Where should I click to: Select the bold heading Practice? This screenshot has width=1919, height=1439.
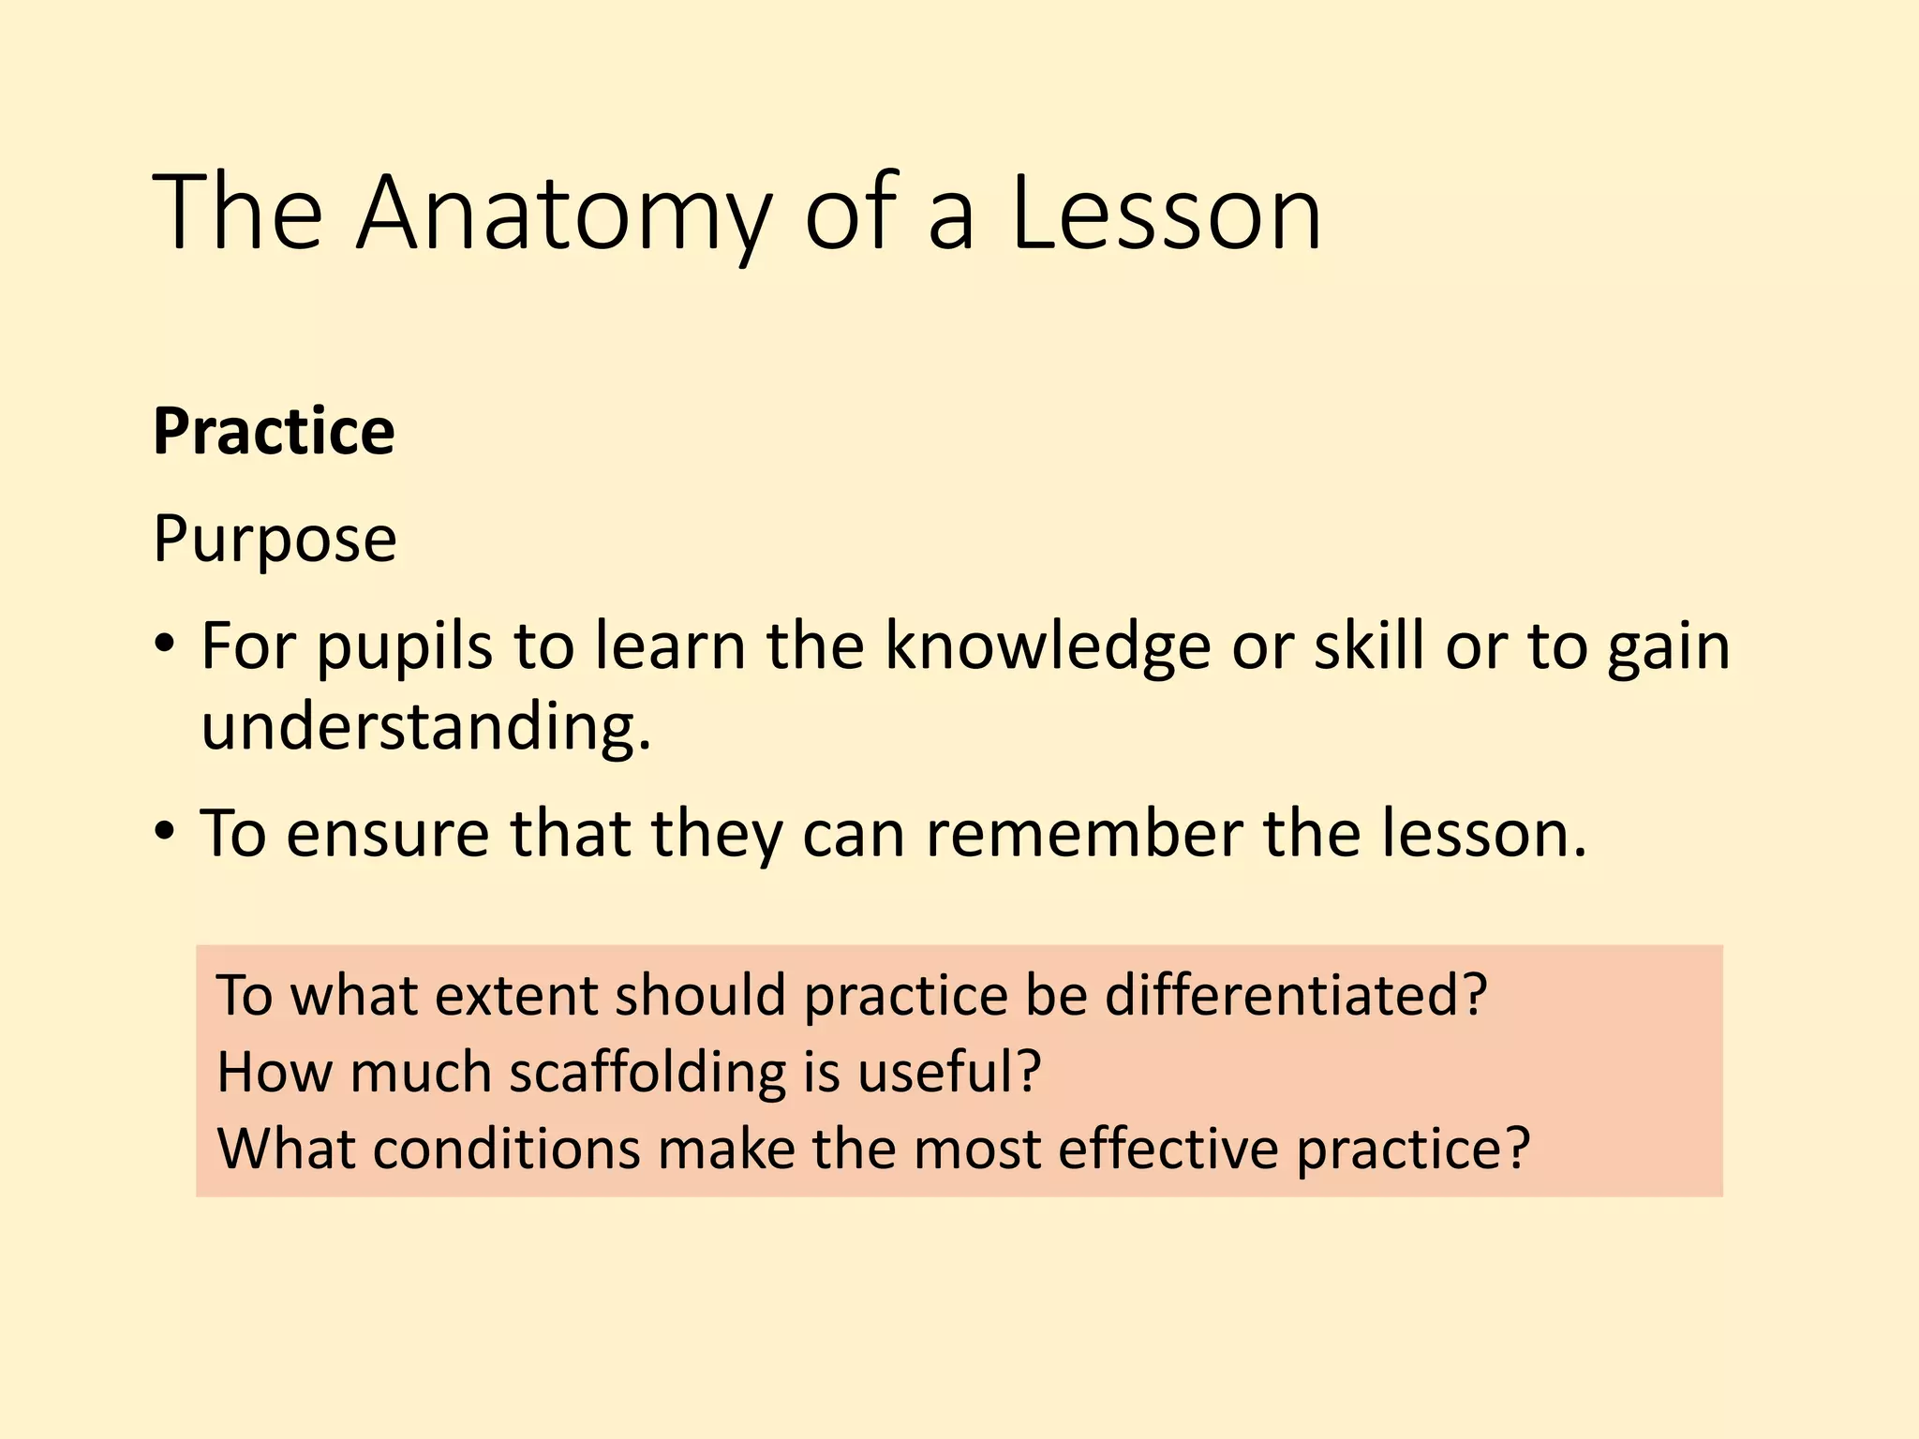(274, 432)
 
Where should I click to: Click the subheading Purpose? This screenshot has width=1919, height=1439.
(275, 541)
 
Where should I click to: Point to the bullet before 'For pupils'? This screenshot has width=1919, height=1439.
(166, 645)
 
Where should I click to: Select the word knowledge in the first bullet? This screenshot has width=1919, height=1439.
(1047, 648)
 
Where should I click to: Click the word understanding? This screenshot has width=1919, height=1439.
(424, 726)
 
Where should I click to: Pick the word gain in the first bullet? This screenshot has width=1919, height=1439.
(1668, 648)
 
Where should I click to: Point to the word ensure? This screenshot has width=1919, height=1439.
(387, 833)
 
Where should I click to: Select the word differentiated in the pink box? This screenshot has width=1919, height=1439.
(1295, 995)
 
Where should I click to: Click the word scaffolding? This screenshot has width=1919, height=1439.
(647, 1073)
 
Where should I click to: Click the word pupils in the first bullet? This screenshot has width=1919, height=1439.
(404, 648)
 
